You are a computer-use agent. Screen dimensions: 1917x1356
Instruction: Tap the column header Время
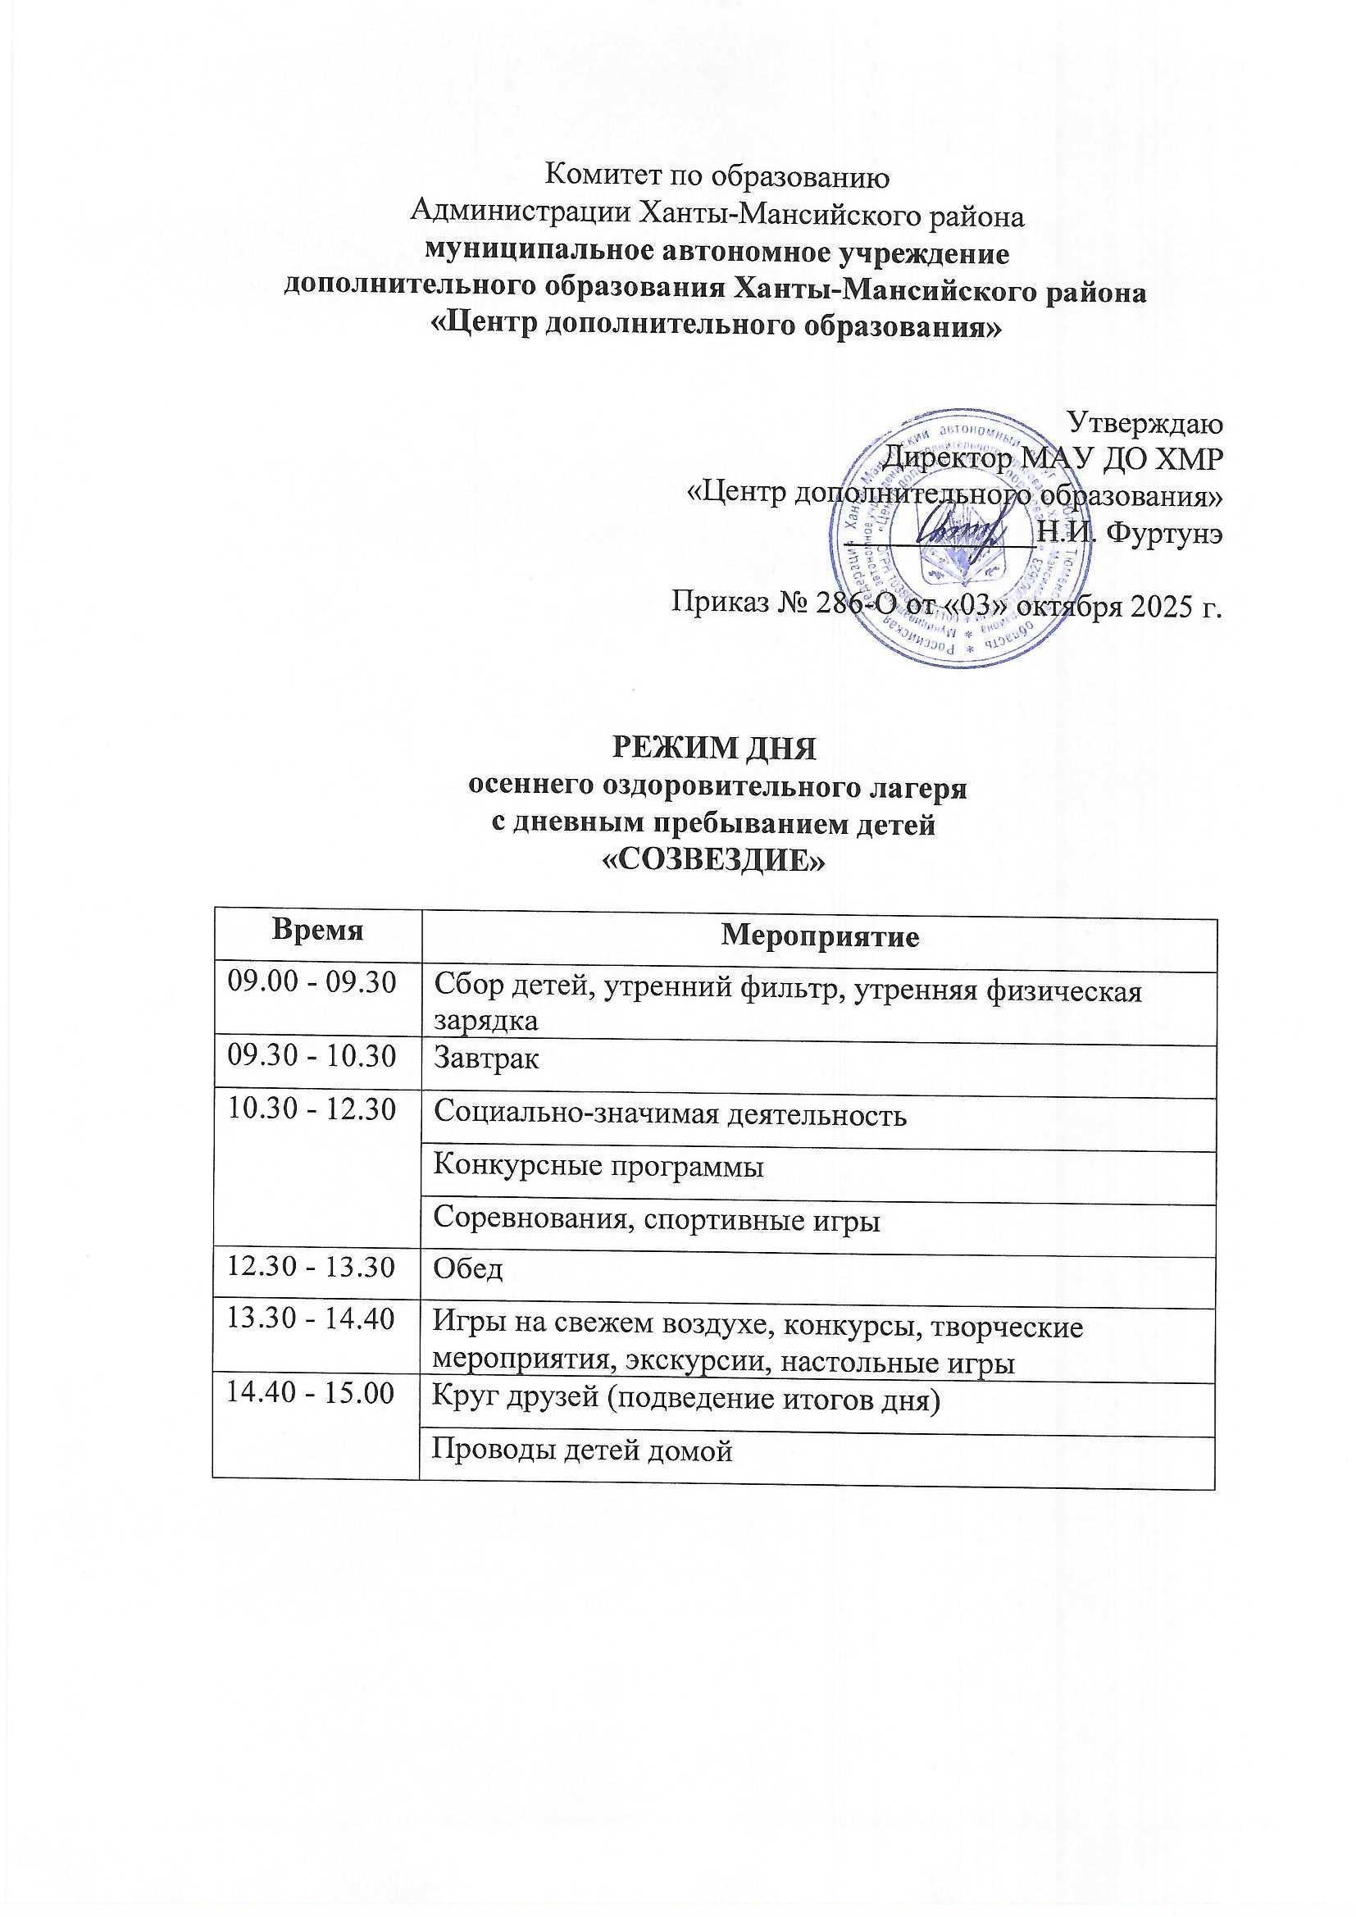coord(316,932)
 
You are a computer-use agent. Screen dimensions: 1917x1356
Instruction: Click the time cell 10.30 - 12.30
coord(312,1111)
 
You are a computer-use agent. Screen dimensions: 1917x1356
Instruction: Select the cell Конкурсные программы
coord(598,1167)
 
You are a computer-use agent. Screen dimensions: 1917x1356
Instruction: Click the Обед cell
coord(467,1271)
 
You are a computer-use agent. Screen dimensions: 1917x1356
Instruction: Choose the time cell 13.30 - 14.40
coord(312,1321)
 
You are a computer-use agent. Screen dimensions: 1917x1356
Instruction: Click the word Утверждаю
coord(1146,424)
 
